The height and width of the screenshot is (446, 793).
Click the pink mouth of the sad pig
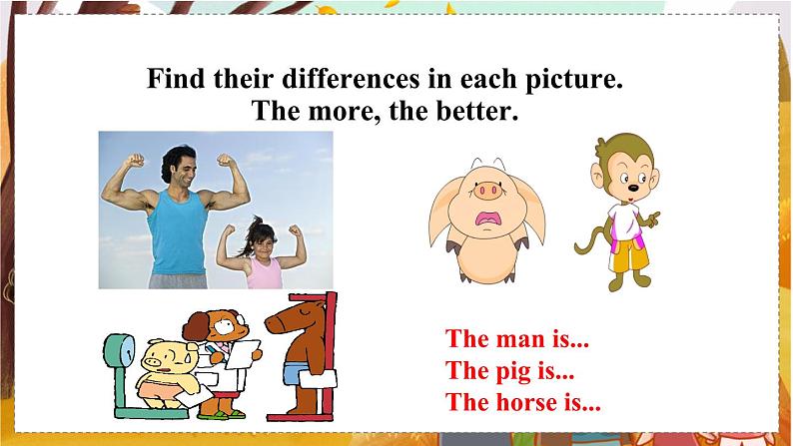pos(489,220)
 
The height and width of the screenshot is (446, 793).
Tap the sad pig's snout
pos(490,190)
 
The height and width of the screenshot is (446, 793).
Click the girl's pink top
pos(263,271)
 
